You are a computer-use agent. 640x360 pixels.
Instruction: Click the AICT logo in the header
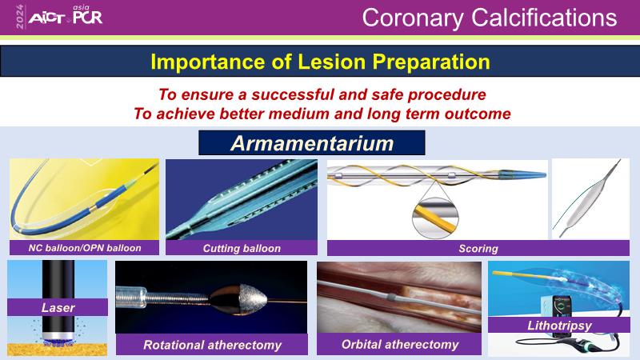tap(47, 18)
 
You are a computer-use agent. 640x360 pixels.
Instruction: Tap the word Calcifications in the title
tap(544, 18)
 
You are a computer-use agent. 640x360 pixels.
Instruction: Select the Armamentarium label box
tap(312, 143)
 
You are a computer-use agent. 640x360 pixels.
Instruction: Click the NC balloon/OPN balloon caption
tap(85, 248)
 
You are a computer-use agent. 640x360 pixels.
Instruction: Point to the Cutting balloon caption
tap(242, 248)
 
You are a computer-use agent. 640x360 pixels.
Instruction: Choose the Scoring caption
tap(478, 248)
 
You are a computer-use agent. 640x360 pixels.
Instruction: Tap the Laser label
tap(58, 307)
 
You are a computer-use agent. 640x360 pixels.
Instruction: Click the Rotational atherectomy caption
tap(212, 345)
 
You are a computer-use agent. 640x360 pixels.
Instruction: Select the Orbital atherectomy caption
tap(400, 345)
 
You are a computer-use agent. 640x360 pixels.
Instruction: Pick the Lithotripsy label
tap(559, 326)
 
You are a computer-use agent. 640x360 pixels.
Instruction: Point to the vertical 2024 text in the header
tap(20, 17)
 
